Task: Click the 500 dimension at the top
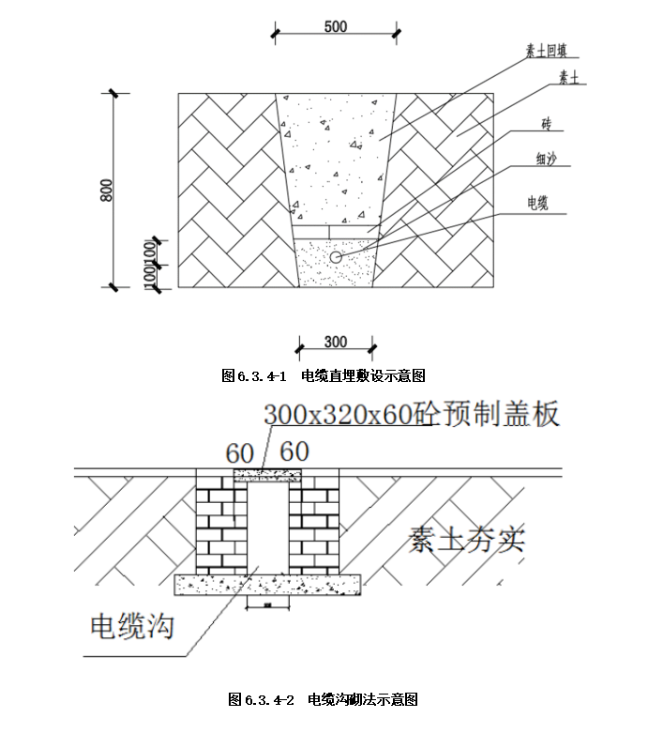(x=335, y=27)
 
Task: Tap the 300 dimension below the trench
(x=335, y=343)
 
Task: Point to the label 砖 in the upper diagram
(x=547, y=124)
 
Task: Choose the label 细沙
(x=547, y=161)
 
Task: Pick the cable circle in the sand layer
(x=336, y=256)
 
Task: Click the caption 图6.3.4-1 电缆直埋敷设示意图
(x=324, y=376)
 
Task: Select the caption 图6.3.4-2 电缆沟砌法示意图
(x=324, y=700)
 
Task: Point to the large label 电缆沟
(x=131, y=625)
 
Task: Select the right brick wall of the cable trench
(x=312, y=527)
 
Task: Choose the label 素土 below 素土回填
(x=567, y=78)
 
